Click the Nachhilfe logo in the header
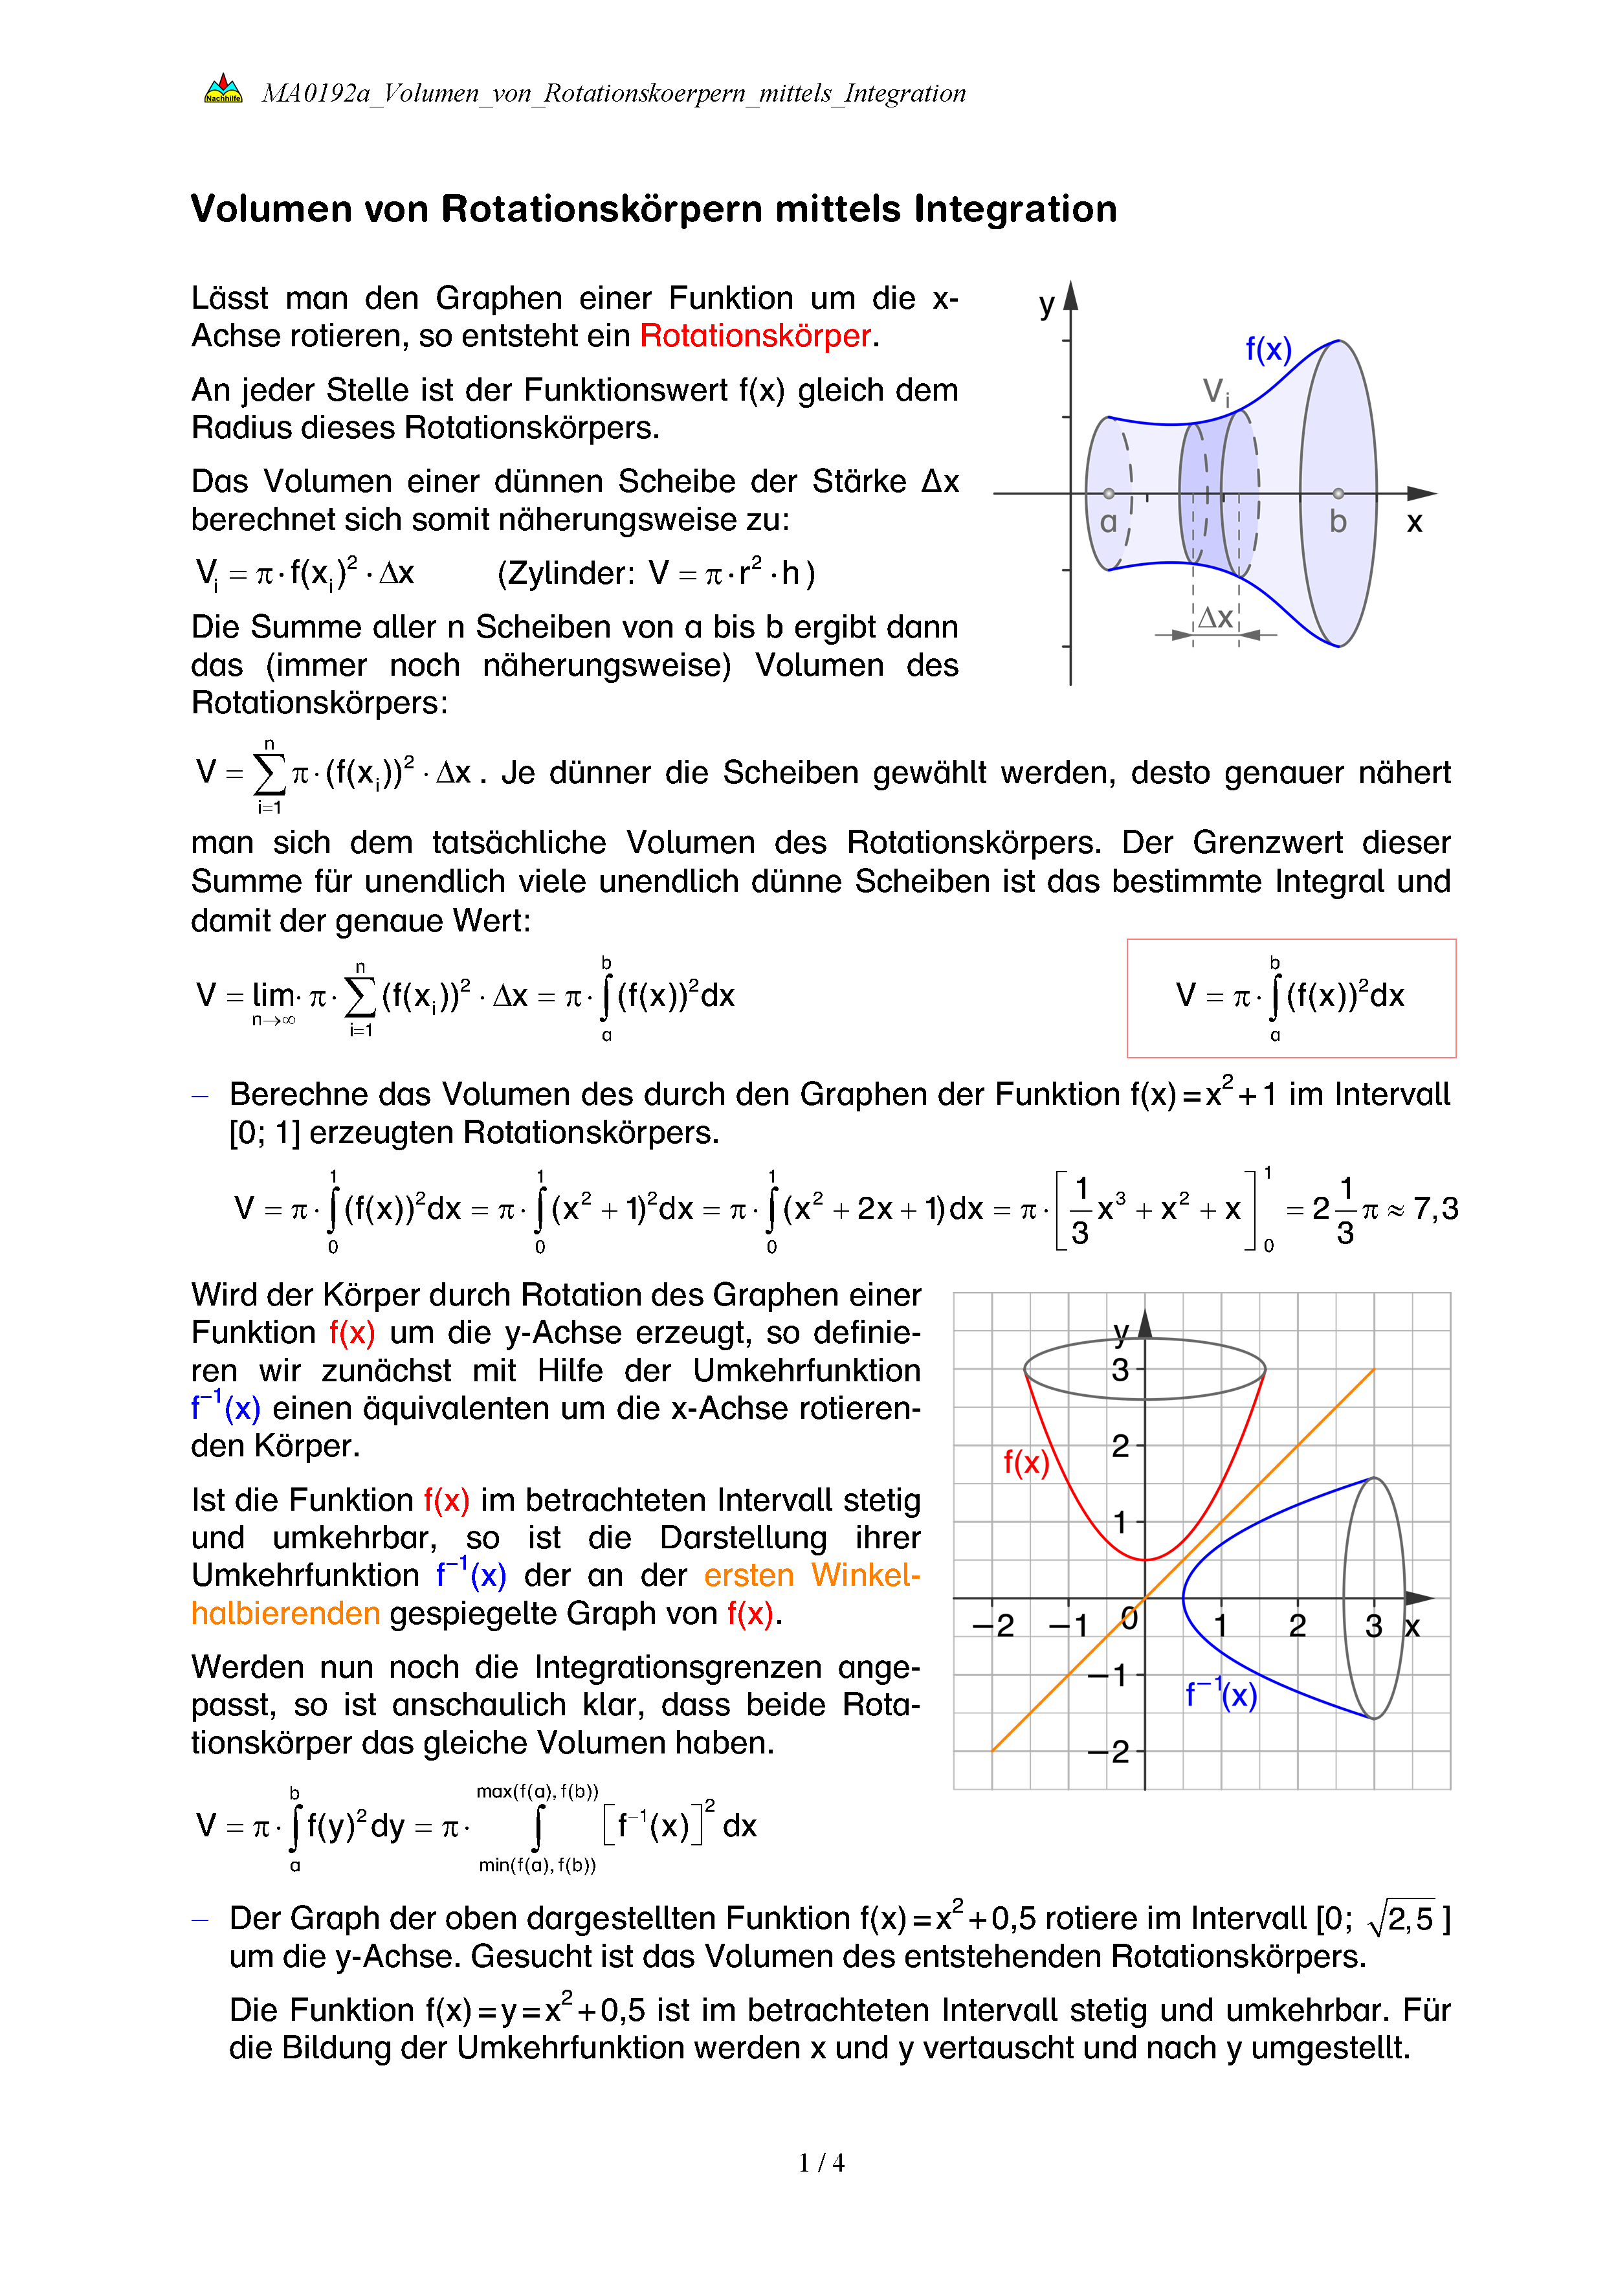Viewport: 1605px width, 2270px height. [223, 90]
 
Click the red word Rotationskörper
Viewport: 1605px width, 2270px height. [755, 336]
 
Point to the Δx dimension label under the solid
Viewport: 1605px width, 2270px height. [1215, 618]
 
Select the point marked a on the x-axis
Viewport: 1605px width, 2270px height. [1109, 493]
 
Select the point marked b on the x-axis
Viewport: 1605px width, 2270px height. [1338, 493]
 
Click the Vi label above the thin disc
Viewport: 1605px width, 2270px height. [1215, 392]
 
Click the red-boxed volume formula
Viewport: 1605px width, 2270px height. [1290, 997]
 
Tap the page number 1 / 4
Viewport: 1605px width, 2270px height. [821, 2163]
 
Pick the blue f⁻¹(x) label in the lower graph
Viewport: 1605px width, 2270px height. [1221, 1695]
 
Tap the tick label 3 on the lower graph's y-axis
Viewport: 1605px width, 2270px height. [1120, 1370]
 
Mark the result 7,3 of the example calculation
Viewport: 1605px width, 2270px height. [1435, 1208]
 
